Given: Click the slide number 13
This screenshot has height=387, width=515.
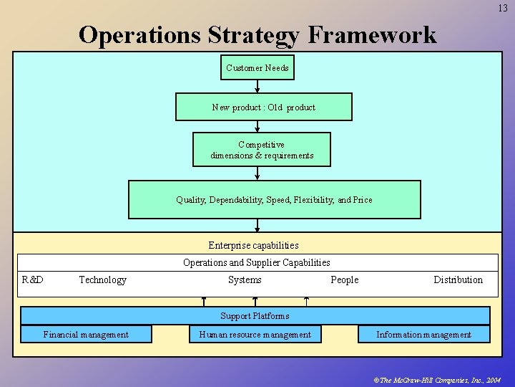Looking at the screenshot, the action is [x=503, y=8].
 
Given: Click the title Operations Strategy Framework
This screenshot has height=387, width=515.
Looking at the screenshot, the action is [x=257, y=34].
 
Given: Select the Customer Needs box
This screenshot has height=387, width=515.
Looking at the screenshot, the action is [x=257, y=68].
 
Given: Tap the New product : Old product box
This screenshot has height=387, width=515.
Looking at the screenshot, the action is [x=263, y=107].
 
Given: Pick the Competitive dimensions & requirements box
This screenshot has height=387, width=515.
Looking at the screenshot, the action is [x=262, y=150].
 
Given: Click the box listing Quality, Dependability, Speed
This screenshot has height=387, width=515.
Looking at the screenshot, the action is [x=274, y=199].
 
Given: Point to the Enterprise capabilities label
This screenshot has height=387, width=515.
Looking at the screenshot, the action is [x=253, y=245].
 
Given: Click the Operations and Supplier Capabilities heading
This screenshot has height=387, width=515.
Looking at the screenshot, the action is [x=256, y=262].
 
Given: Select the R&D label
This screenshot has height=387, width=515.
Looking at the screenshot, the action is [x=33, y=279].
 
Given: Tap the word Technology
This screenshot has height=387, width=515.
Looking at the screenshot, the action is [x=102, y=279].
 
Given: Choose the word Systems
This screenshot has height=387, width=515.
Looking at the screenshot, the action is [x=245, y=279].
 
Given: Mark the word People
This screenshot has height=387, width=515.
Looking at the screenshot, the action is [x=345, y=279].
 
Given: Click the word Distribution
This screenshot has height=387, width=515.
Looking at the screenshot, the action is [x=458, y=279].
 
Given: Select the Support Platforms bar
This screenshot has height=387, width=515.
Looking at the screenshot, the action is [x=255, y=315].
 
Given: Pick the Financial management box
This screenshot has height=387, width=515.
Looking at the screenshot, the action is [x=86, y=334].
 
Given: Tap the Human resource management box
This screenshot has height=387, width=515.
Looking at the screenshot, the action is [x=255, y=334].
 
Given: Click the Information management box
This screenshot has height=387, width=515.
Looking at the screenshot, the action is [x=423, y=334].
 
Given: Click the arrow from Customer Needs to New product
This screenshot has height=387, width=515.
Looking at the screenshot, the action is [x=257, y=86].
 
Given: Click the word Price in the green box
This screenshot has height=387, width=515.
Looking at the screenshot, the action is [x=361, y=200].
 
